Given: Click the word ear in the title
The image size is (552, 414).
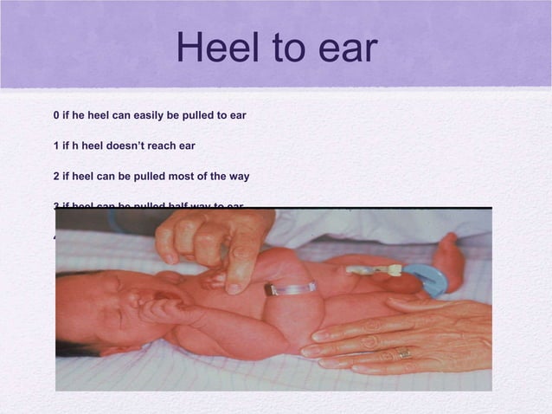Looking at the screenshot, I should click(346, 49).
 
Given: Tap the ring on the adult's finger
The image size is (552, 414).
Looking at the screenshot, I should click(404, 353).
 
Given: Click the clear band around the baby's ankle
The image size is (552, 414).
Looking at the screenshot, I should click(289, 288).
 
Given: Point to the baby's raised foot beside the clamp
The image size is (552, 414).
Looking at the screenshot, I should click(449, 260).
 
